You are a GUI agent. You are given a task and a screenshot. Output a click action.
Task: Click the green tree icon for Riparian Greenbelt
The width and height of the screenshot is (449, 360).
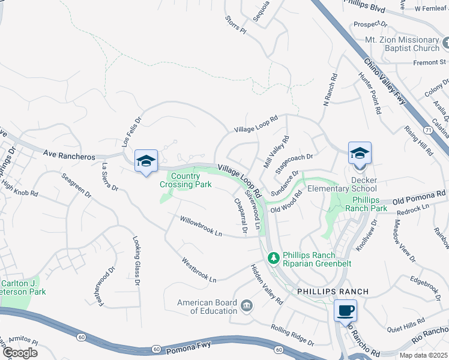click(274, 257)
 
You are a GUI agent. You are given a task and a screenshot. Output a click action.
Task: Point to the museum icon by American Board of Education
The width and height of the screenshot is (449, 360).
click(247, 307)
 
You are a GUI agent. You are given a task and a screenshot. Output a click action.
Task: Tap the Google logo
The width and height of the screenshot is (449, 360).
click(19, 353)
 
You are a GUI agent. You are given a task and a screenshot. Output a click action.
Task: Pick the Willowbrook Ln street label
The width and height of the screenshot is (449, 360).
click(202, 227)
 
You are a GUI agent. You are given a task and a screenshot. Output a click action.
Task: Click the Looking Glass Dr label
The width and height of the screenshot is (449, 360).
click(137, 260)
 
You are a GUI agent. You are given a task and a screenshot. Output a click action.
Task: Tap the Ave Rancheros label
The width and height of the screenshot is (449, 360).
click(69, 156)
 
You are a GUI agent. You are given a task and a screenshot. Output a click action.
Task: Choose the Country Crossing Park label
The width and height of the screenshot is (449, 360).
click(185, 181)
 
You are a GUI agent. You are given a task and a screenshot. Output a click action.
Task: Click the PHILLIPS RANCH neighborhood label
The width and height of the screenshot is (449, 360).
click(333, 291)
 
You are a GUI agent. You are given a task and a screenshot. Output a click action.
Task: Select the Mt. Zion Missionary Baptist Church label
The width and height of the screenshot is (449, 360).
click(402, 44)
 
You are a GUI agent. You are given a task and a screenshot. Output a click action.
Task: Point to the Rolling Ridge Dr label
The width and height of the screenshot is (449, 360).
click(293, 335)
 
